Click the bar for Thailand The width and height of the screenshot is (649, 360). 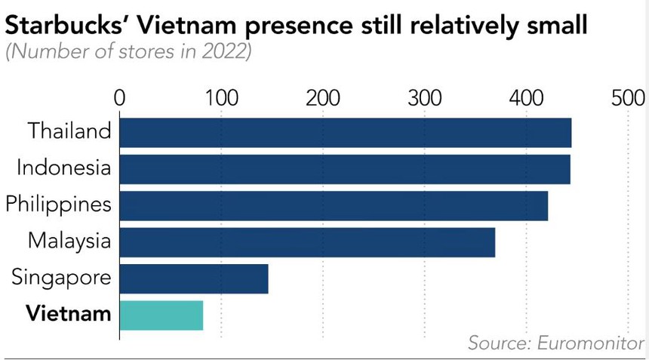[345, 132]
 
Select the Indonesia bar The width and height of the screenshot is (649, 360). [344, 169]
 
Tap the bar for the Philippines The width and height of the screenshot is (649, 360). [333, 205]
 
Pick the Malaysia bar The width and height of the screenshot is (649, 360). [306, 242]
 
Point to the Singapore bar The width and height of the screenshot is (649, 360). [193, 278]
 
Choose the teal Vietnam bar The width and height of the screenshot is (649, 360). [161, 315]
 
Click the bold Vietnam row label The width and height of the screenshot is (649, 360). [69, 313]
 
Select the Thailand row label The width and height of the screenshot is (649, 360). [69, 131]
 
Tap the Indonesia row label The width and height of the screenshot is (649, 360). [63, 168]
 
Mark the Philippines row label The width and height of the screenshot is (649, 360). [58, 205]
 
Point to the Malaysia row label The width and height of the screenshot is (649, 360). [69, 241]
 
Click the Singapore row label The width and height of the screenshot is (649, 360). [61, 278]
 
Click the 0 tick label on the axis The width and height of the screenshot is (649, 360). [119, 99]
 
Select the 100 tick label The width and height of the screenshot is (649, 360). [221, 99]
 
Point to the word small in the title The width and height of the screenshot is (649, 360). [552, 26]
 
